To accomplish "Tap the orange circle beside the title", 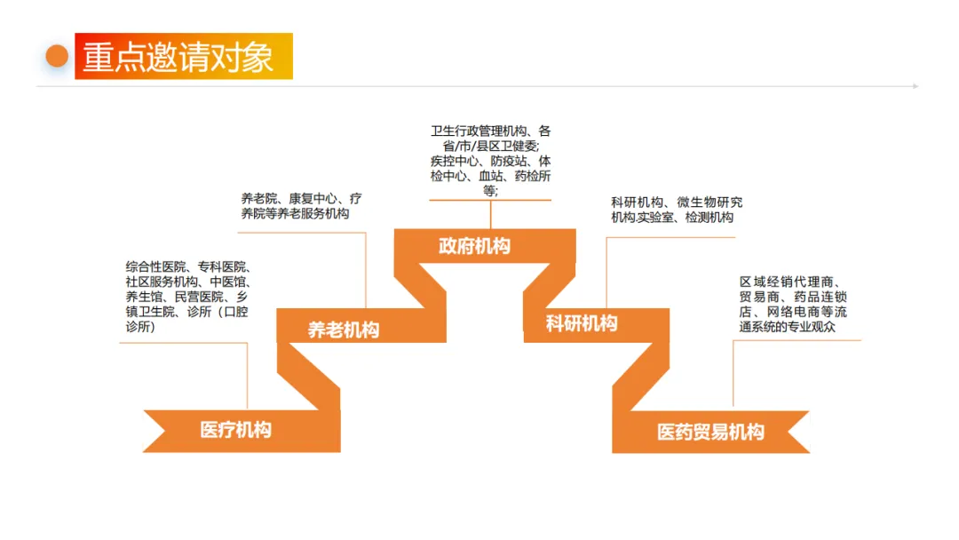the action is [57, 57].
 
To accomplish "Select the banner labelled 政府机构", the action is [474, 246].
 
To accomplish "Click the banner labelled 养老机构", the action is [344, 330].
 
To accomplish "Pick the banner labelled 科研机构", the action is [582, 323].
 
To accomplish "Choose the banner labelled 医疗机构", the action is [235, 430].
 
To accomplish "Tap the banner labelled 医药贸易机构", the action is [710, 432].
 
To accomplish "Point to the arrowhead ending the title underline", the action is [915, 86].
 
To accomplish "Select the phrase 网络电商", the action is [786, 312].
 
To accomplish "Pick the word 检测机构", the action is [709, 218].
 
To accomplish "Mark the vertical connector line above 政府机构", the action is [491, 214].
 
